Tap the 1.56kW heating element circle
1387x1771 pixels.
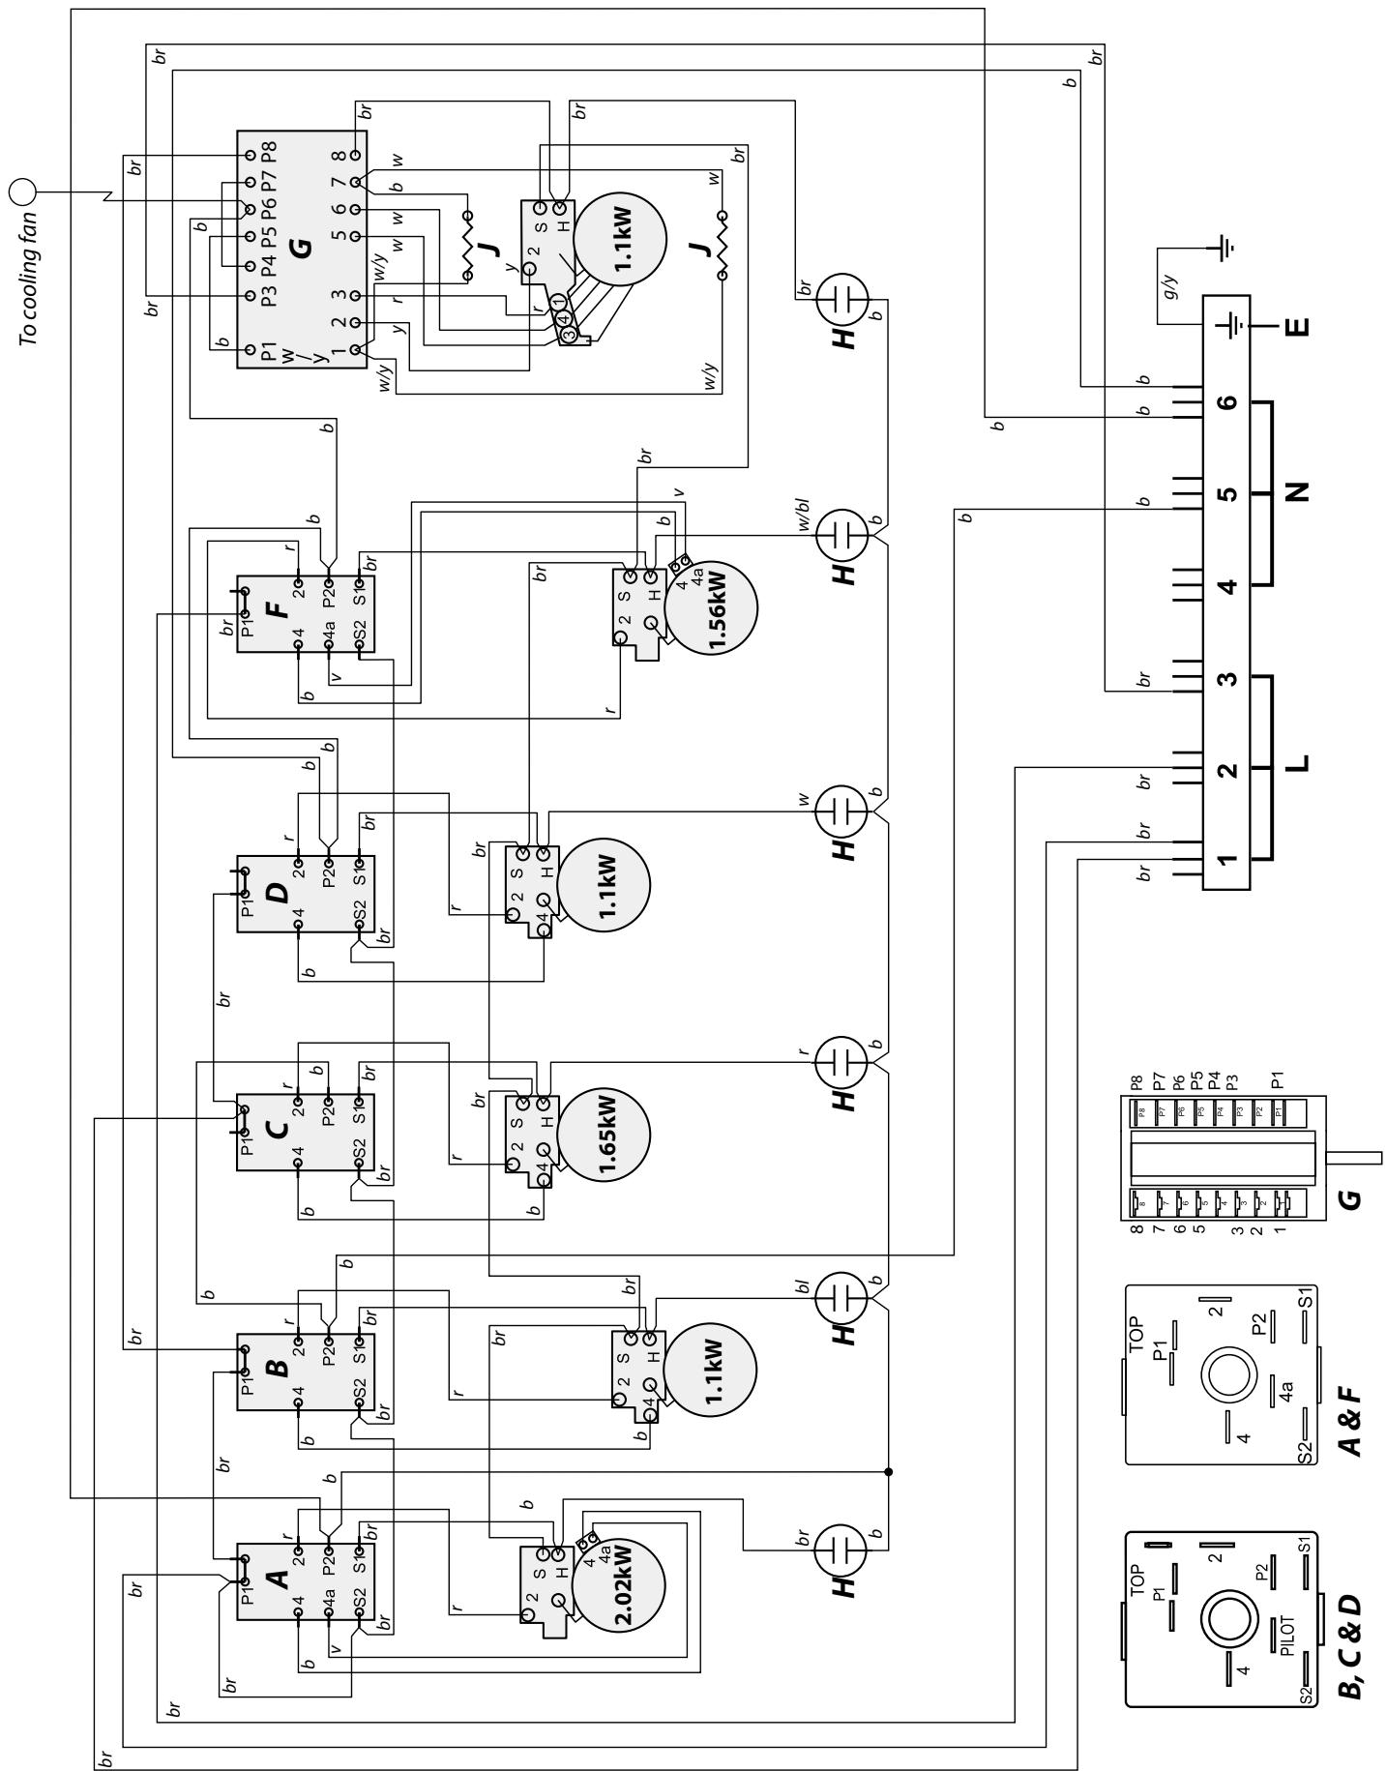[x=711, y=606]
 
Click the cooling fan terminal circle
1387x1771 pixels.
[x=22, y=192]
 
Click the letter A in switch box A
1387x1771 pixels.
[x=278, y=1579]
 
